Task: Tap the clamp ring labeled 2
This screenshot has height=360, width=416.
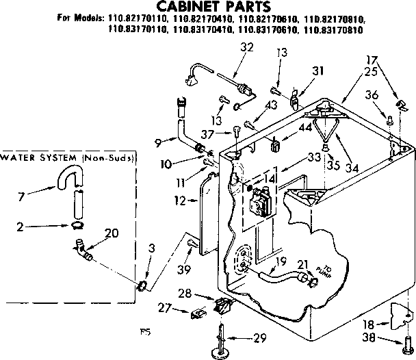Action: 77,225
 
